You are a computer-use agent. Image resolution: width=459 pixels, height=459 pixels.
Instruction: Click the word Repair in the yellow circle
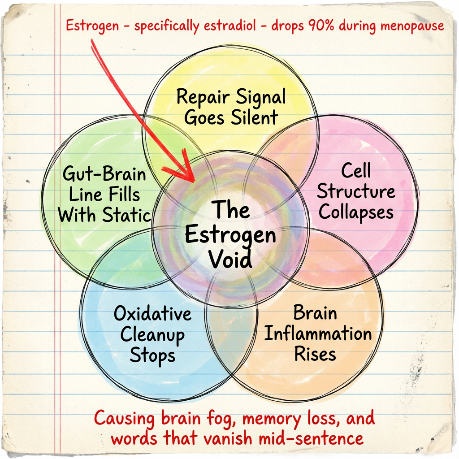coord(202,97)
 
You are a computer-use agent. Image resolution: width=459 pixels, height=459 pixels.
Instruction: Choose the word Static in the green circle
coord(128,215)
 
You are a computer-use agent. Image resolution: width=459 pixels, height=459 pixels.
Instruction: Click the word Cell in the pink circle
coord(356,171)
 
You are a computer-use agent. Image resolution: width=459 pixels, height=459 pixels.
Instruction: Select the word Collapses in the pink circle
coord(356,212)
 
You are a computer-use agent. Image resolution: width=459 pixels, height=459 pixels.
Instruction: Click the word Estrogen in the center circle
coord(230,235)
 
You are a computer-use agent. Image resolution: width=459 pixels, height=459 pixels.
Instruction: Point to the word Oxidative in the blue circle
coord(152,314)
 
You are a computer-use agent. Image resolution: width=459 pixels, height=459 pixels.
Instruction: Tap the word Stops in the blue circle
coord(152,356)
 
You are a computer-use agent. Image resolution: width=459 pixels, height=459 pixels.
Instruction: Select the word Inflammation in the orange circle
coord(317,334)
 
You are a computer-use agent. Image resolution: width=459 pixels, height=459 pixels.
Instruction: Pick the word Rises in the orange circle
coord(315,354)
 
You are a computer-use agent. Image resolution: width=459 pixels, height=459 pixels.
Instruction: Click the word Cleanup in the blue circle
coord(152,335)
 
